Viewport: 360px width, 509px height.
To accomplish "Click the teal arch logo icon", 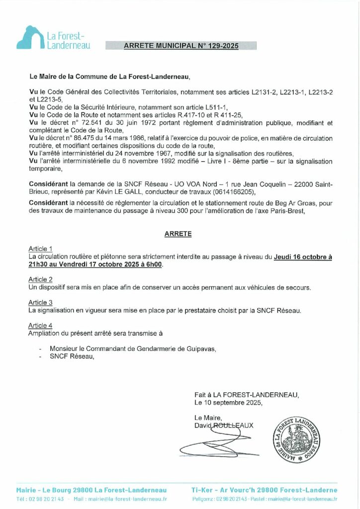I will pos(30,38).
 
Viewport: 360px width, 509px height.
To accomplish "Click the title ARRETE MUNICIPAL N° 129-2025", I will pos(181,46).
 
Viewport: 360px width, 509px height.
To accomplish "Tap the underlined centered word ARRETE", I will pos(178,233).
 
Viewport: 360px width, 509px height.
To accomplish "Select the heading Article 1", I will pos(40,249).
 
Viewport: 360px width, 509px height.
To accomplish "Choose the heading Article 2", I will pos(40,279).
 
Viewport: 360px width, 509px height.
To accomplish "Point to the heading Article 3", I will pos(40,302).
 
